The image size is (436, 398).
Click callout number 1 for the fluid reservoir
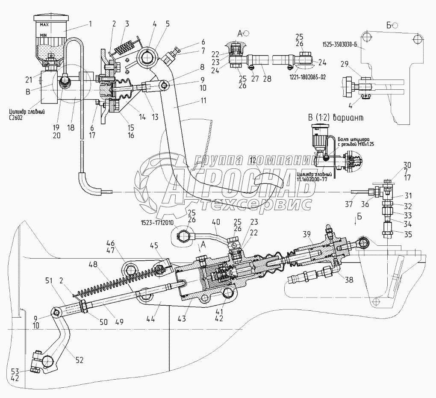(x=91, y=24)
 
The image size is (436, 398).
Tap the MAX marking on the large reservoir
(x=44, y=25)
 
